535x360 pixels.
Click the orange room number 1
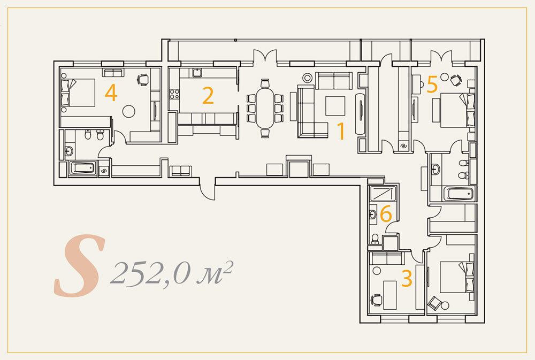[341, 132]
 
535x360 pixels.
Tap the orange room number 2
[208, 96]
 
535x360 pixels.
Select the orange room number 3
[407, 278]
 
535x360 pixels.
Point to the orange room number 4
[111, 93]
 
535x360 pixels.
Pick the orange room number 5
[432, 85]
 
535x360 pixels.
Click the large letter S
[79, 265]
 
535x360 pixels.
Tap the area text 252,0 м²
[172, 273]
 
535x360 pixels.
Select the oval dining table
[265, 108]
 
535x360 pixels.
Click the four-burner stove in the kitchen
[174, 94]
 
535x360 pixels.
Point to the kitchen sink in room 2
[197, 73]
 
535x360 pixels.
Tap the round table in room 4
[128, 111]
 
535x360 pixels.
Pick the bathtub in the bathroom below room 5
[458, 194]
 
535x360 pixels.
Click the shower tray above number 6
[383, 193]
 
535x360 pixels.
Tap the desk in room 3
[389, 295]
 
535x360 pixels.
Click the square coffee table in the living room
[335, 106]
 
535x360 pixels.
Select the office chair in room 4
[143, 80]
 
